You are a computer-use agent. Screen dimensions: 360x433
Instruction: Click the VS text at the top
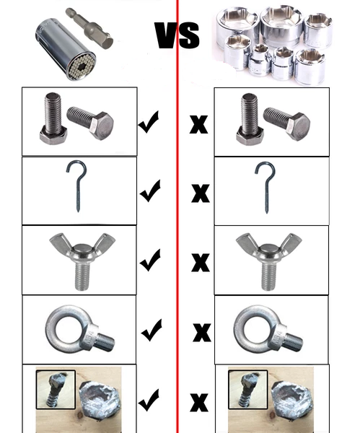177,35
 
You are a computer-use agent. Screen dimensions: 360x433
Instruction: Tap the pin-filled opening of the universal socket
82,67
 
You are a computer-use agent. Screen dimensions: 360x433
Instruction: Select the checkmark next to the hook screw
150,191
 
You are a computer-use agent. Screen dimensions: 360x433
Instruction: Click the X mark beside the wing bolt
201,262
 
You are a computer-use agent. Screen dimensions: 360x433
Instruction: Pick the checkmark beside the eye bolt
152,330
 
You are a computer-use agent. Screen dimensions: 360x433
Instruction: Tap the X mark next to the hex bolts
199,125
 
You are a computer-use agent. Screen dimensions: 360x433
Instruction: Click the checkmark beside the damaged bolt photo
149,400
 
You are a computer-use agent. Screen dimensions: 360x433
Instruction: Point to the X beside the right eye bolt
202,332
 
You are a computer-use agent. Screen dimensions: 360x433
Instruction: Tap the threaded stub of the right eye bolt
293,342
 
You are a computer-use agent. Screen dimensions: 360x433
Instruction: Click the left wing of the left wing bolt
59,241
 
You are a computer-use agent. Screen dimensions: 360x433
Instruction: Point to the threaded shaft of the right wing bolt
268,276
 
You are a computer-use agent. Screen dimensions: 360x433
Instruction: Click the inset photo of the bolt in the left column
56,390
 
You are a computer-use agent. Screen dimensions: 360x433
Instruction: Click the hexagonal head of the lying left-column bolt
102,126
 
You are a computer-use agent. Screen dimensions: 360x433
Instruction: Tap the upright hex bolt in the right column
250,119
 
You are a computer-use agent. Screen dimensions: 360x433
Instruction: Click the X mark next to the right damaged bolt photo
199,403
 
